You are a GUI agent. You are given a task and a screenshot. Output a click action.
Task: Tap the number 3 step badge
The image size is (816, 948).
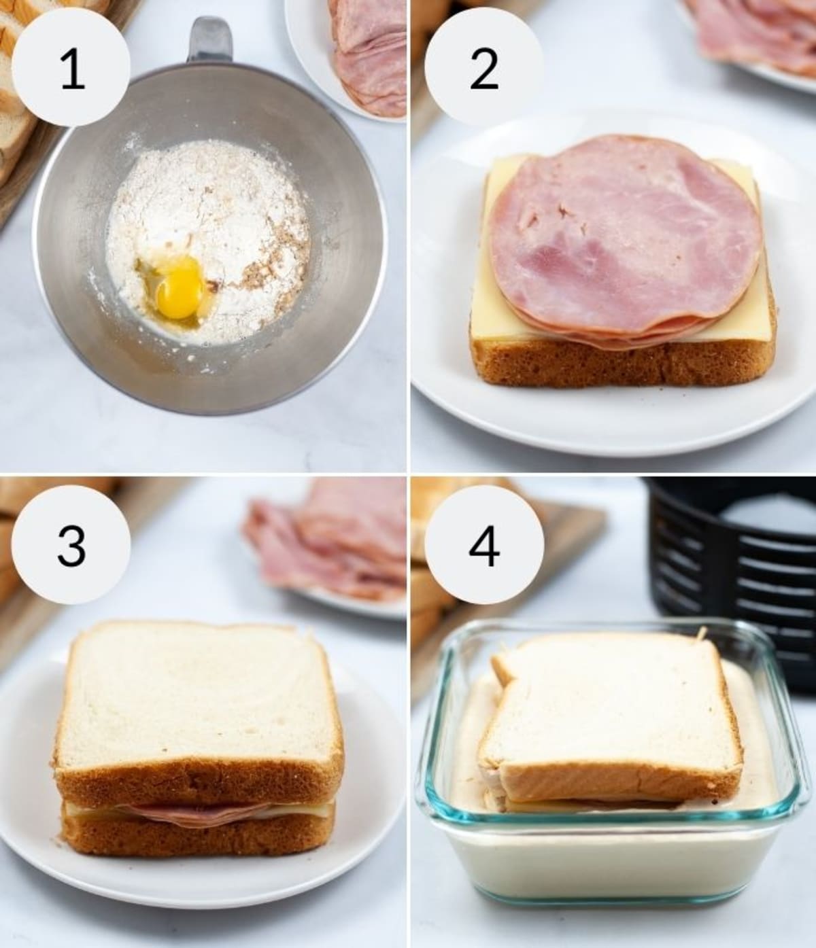coord(72,546)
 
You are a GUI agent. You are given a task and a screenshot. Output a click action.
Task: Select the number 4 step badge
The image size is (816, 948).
coord(483,546)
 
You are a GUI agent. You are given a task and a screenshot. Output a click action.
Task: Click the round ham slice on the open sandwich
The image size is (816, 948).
coord(622,238)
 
